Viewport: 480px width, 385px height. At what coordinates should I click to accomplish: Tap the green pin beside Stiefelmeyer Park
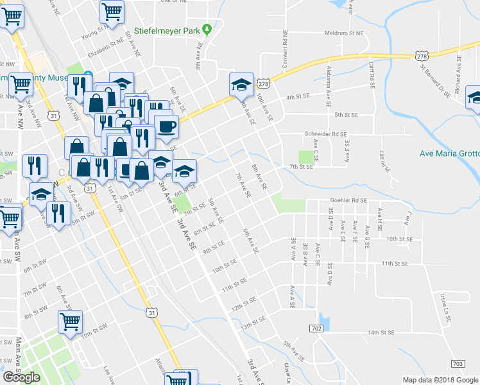[207, 29]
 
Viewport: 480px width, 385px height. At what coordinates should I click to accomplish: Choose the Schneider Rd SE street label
[325, 135]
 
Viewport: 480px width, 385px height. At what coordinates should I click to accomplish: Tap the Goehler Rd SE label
[348, 200]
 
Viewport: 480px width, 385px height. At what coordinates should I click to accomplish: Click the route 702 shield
[316, 329]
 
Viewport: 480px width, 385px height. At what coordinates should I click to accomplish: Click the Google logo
[22, 377]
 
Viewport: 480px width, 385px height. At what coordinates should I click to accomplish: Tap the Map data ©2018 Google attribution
[439, 380]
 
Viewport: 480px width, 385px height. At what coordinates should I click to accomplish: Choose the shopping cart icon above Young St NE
[112, 12]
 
